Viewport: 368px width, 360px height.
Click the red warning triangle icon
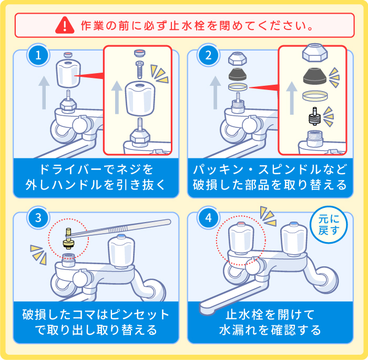click(x=65, y=25)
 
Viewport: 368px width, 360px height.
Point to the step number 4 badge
click(x=209, y=218)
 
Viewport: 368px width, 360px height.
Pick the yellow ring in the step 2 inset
click(x=314, y=96)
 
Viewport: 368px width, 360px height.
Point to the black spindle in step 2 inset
click(x=314, y=115)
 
